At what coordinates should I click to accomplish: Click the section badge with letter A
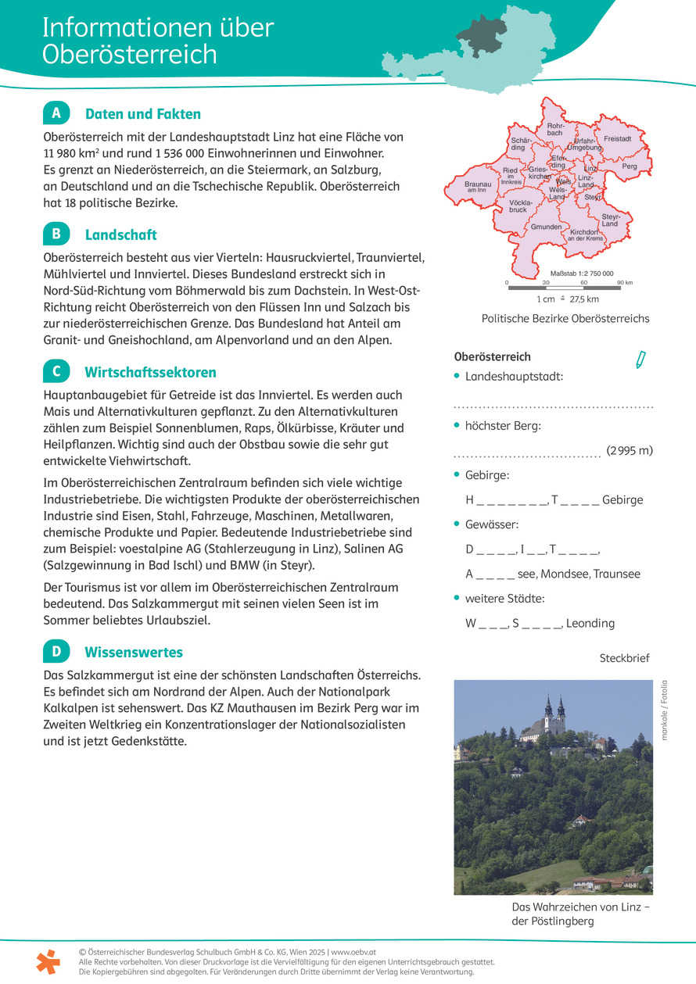(x=56, y=113)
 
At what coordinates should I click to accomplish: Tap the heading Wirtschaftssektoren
(x=150, y=372)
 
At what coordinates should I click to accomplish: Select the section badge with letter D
(x=56, y=651)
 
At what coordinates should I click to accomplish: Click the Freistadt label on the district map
(x=617, y=138)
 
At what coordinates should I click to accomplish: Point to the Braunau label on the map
(x=478, y=186)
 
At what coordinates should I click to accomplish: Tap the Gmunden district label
(x=546, y=227)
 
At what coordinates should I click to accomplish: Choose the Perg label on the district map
(x=630, y=166)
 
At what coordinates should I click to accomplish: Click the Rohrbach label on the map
(x=555, y=129)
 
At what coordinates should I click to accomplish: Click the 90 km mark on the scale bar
(x=623, y=281)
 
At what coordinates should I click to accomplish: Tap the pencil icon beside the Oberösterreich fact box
(x=640, y=360)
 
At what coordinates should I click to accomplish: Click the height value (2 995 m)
(x=630, y=450)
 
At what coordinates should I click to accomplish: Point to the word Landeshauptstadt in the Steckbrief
(x=514, y=376)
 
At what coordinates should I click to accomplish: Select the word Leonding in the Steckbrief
(x=590, y=623)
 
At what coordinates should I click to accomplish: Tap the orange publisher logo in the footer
(x=48, y=961)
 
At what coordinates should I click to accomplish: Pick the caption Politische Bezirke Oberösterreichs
(x=565, y=318)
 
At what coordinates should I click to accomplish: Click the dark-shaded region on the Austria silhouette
(x=483, y=35)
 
